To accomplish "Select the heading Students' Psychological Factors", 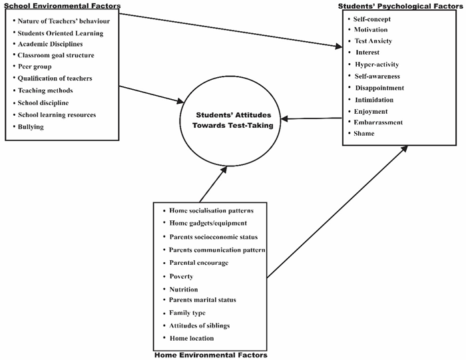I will tap(401, 5).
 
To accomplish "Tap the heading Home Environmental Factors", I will tap(210, 355).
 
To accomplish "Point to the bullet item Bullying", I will tap(31, 126).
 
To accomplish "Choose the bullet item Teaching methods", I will tap(46, 90).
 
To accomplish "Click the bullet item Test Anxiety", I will tap(373, 41).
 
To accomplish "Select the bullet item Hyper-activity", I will tap(377, 65).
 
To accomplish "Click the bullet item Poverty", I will tap(181, 276).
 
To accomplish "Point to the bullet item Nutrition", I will tap(184, 289).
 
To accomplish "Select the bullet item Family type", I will tap(187, 313).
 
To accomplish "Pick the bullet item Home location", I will tap(192, 338).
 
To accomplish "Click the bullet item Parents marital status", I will tap(202, 300).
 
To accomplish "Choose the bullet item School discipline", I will tap(43, 102).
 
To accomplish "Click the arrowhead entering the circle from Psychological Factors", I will tap(285, 120).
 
